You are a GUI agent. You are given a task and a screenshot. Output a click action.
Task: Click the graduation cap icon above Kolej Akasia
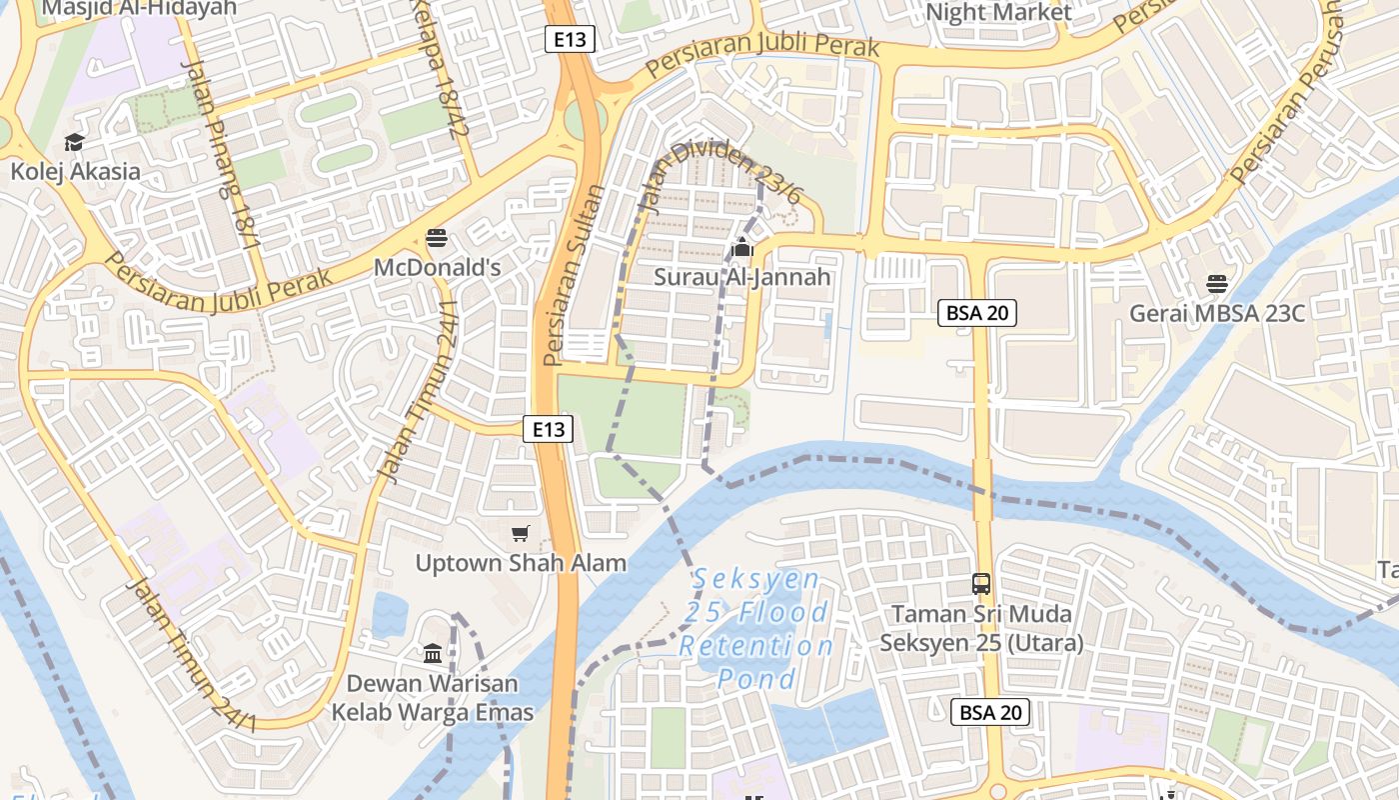74,143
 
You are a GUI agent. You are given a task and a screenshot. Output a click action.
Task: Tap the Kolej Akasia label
76,172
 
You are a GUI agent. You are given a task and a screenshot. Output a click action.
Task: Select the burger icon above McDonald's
437,238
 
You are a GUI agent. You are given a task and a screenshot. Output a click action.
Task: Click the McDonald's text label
437,268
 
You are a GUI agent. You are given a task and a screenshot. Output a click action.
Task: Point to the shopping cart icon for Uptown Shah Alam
520,534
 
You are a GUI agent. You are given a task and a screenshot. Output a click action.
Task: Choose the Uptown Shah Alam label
521,563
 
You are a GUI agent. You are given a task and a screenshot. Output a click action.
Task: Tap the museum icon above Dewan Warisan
433,654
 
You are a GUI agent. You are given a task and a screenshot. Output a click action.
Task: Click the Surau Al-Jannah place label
742,277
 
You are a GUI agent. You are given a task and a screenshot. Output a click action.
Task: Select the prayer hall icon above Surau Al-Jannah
742,247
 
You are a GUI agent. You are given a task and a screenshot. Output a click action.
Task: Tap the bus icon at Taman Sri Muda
981,584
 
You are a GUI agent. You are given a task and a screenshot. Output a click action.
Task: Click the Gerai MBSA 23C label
1217,314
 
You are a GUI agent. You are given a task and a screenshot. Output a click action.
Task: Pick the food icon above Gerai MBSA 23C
1216,284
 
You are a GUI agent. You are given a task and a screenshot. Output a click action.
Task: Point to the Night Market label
998,13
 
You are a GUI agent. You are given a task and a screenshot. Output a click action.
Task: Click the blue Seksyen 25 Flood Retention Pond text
755,629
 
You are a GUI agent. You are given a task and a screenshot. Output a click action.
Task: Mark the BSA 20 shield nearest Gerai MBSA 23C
977,313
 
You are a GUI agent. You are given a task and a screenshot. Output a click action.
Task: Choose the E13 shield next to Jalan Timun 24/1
548,430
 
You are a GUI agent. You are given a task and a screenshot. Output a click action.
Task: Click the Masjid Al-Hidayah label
140,8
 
